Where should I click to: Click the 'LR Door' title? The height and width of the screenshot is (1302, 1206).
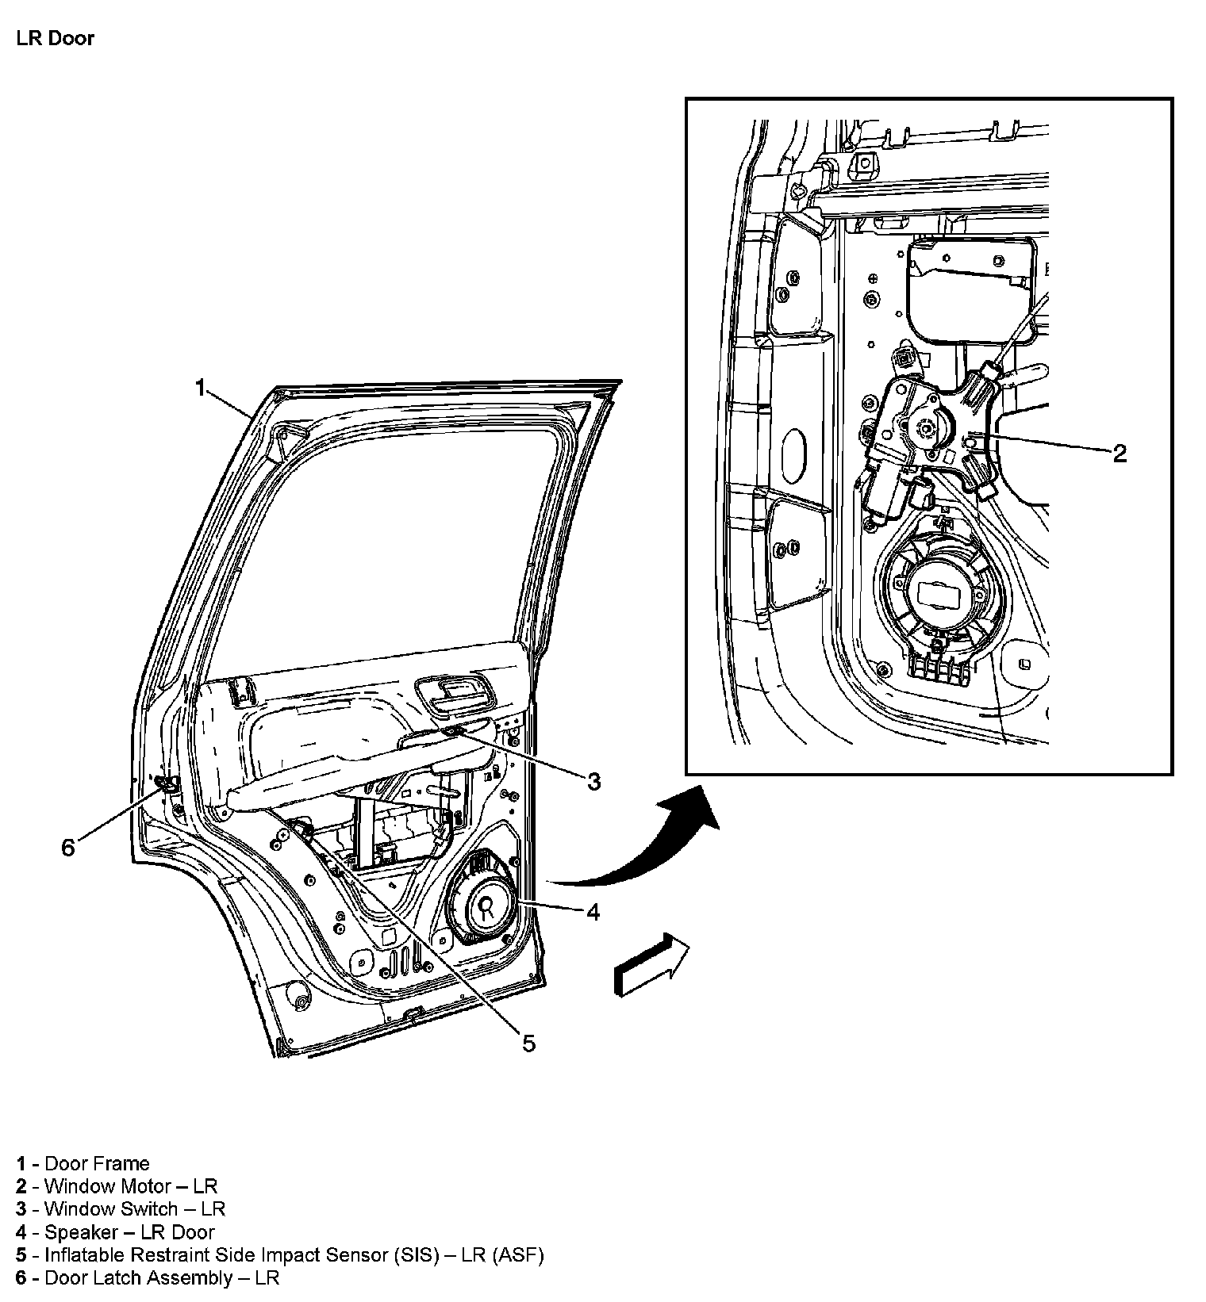coord(55,39)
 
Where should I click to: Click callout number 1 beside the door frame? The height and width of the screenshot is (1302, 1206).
coord(202,387)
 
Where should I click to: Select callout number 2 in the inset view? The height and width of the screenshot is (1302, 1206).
coord(1120,454)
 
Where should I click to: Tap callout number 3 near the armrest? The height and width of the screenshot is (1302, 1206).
coord(593,782)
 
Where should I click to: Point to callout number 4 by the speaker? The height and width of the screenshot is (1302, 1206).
coord(593,912)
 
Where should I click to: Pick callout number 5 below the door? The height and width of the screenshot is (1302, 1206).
coord(528,1044)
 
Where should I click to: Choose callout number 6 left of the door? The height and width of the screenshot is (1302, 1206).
coord(68,848)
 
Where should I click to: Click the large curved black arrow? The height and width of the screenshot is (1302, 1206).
coord(635,841)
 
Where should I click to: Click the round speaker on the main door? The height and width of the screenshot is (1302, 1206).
coord(484,900)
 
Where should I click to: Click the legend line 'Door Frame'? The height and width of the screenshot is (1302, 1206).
coord(83,1163)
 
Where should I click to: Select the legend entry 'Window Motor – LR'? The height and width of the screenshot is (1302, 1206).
coord(117,1186)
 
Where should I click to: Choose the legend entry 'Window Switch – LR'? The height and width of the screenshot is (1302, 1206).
coord(121,1209)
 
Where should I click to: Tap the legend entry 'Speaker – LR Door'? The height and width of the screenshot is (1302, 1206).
coord(116,1232)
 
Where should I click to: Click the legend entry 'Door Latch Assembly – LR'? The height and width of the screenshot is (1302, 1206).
coord(148,1277)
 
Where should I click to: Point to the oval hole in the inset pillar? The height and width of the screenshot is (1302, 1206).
coord(794,452)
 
